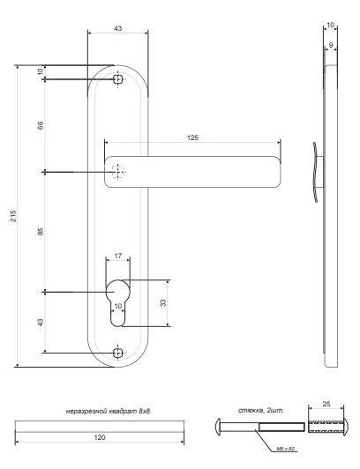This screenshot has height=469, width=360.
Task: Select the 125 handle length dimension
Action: [192, 138]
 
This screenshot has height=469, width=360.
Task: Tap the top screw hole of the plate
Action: [119, 80]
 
